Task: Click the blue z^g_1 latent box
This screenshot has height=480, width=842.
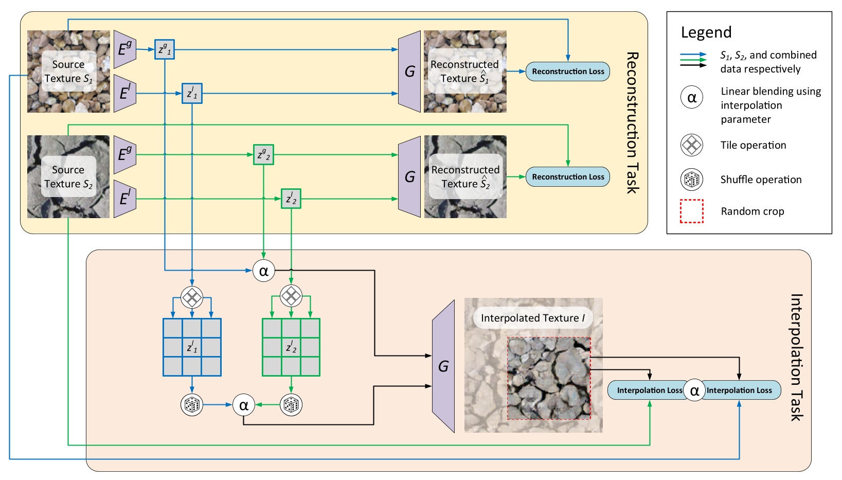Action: (165, 49)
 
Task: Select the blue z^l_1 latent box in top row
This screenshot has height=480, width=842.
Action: (192, 94)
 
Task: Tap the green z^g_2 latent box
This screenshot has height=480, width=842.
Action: (263, 154)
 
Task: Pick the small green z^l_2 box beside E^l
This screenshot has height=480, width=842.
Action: (291, 199)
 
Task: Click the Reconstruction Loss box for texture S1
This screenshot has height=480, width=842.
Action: (567, 72)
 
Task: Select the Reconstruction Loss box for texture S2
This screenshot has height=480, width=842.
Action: (567, 177)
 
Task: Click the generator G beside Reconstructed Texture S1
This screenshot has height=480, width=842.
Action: (409, 72)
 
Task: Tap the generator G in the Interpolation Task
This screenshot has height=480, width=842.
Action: (443, 366)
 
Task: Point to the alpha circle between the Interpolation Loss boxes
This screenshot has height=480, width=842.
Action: (694, 390)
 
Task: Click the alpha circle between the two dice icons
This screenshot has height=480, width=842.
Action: (244, 405)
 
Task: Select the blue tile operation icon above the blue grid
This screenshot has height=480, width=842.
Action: (192, 297)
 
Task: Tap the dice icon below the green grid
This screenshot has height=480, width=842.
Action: (291, 405)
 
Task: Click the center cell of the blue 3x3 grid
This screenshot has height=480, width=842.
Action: (192, 347)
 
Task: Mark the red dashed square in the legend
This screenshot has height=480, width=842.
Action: (691, 211)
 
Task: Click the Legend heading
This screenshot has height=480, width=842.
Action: (706, 32)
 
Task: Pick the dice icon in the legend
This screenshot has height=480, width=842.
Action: (691, 180)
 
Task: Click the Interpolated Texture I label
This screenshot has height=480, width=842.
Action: (532, 318)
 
